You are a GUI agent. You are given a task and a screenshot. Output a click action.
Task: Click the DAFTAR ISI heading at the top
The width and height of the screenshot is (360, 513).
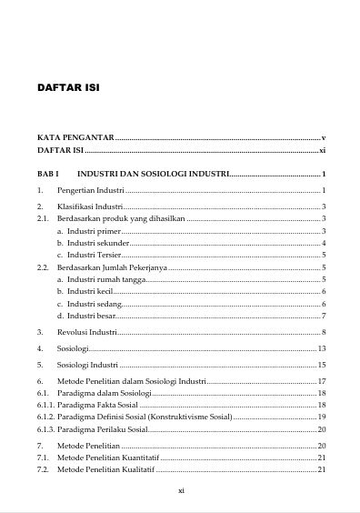tap(67, 89)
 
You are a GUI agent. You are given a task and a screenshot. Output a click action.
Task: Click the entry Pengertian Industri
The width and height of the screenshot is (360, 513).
tap(90, 190)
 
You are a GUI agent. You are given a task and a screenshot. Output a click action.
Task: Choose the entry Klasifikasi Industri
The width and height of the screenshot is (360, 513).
tap(90, 208)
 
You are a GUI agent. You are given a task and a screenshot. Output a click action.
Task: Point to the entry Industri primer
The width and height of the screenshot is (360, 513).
tap(95, 232)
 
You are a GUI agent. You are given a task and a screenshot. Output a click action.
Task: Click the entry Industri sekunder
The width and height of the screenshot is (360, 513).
tap(98, 244)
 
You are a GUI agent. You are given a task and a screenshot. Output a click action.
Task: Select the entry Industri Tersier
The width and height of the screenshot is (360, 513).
tap(96, 256)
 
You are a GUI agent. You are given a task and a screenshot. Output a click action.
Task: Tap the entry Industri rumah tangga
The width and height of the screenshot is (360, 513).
tap(105, 279)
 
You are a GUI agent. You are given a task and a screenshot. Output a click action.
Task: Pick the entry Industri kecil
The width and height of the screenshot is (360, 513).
tap(90, 291)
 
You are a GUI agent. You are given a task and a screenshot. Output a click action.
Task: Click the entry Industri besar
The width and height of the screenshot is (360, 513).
tap(91, 315)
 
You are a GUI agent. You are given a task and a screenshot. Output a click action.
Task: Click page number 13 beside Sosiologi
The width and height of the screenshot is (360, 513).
tap(321, 349)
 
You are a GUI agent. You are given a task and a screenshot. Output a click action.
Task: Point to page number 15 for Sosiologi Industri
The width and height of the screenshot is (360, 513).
tap(321, 366)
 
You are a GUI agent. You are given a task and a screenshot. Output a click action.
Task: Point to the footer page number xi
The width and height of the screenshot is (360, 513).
tap(181, 490)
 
